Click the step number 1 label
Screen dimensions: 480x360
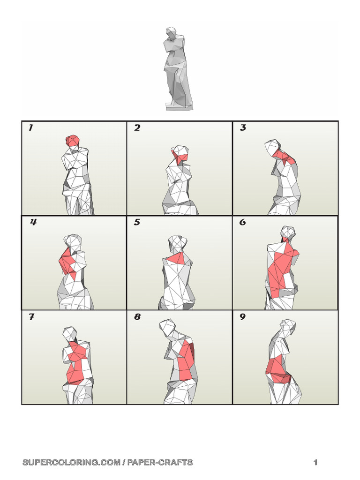click(x=30, y=127)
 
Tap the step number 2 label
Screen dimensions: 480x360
click(x=137, y=127)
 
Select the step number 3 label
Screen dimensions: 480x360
click(x=243, y=127)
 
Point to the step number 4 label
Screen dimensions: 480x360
click(x=33, y=222)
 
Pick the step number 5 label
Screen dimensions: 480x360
click(x=137, y=222)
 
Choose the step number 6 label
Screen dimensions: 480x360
click(x=242, y=222)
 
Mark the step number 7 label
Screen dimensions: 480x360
click(x=31, y=317)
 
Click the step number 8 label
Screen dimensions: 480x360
click(x=137, y=317)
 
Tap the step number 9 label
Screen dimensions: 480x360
click(x=242, y=317)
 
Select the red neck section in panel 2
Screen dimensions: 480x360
click(x=179, y=155)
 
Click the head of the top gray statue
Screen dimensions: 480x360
click(x=172, y=32)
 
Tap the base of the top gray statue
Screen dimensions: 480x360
click(x=179, y=106)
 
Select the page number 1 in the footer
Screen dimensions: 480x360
click(x=315, y=463)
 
